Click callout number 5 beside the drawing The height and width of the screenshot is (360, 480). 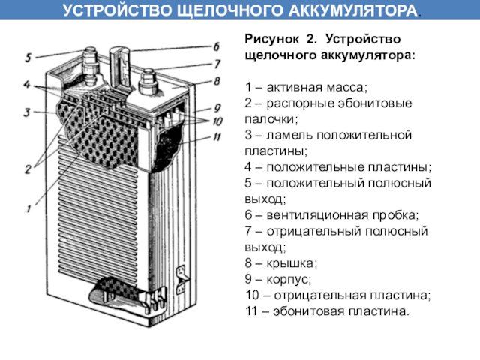point(28,57)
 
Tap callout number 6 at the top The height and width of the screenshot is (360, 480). point(217,46)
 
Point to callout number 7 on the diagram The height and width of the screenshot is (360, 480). point(217,64)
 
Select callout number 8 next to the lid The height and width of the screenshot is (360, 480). point(217,81)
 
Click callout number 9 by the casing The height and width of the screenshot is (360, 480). point(217,108)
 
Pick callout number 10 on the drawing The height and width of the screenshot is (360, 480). point(217,121)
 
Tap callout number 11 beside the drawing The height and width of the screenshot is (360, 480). point(217,136)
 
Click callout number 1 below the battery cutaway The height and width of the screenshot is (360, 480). point(28,209)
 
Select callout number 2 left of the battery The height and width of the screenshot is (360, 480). point(28,169)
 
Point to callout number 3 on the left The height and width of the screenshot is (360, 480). point(27,112)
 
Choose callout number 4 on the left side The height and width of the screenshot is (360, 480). point(27,85)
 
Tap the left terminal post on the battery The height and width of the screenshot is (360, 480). point(90,65)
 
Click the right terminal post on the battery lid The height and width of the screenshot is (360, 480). point(146,81)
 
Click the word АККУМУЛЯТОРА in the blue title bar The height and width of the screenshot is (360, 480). point(352,10)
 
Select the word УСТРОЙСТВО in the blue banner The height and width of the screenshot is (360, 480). point(117,10)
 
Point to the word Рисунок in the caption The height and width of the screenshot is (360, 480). point(271,40)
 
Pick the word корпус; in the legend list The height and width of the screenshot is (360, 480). point(289,280)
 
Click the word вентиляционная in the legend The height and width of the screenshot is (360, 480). point(317,215)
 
